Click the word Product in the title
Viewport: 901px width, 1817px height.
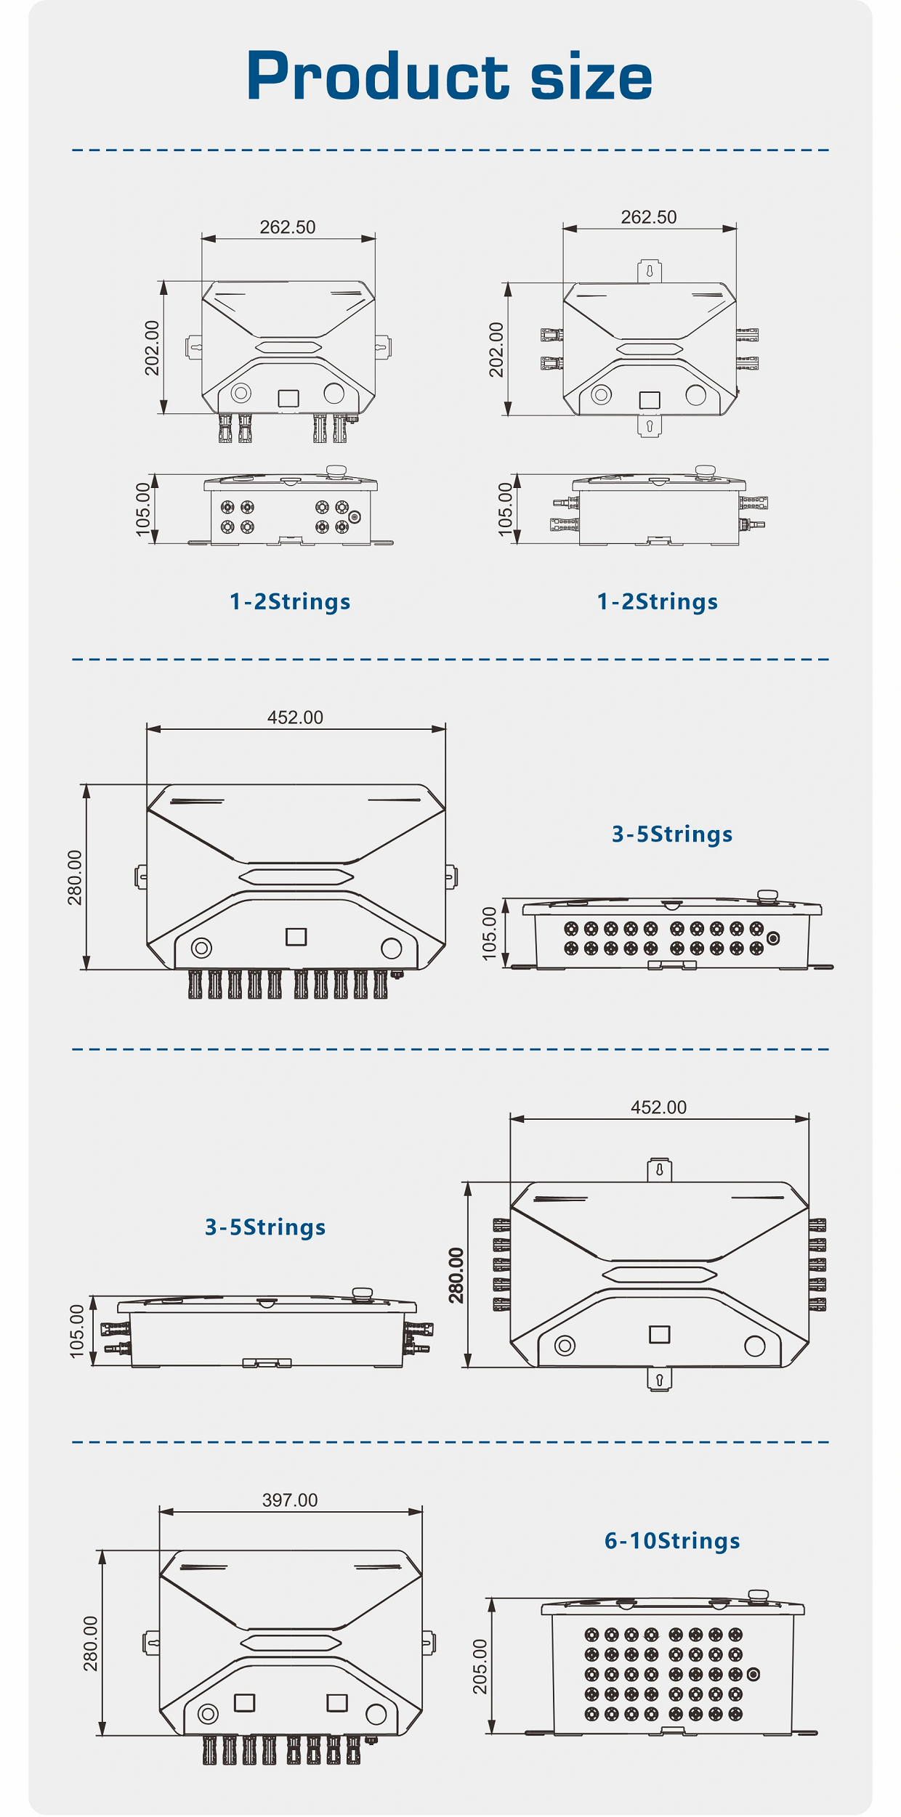[x=378, y=77]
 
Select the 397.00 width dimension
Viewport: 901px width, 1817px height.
[x=290, y=1500]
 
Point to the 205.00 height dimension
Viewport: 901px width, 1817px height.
[x=480, y=1667]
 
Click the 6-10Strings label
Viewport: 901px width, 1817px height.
[x=672, y=1540]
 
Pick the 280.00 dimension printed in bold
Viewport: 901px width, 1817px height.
[x=456, y=1275]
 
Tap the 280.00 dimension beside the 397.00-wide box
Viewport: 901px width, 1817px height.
[x=90, y=1643]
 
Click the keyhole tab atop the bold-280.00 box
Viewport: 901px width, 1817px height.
[x=659, y=1170]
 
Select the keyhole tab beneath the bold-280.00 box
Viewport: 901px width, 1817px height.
[x=659, y=1379]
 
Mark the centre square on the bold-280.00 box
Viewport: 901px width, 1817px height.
[x=659, y=1335]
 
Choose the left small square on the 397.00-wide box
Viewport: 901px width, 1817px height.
[x=244, y=1703]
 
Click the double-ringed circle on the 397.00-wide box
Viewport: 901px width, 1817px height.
[x=208, y=1715]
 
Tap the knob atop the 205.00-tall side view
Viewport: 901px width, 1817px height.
[x=758, y=1596]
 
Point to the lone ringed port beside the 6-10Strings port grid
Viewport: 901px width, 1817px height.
[x=753, y=1675]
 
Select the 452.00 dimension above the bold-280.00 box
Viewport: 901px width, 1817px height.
[x=658, y=1107]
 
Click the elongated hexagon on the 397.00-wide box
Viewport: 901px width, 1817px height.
[x=291, y=1643]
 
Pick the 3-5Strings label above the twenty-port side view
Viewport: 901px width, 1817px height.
[x=672, y=834]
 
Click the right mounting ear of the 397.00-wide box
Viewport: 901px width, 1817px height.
[x=429, y=1643]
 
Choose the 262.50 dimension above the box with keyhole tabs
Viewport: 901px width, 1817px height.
[x=649, y=217]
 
